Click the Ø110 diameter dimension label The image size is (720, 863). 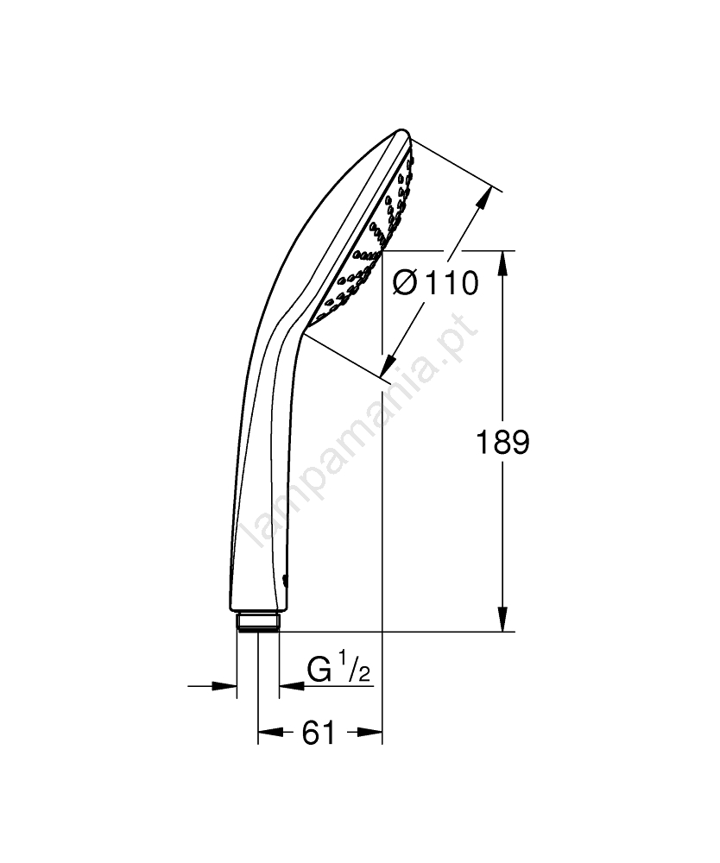[435, 283]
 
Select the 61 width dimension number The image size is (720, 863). [319, 733]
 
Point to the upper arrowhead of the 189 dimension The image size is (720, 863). [502, 263]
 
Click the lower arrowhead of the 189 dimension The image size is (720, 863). [502, 619]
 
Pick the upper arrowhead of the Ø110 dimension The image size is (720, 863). [483, 198]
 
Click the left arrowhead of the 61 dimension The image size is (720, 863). [270, 732]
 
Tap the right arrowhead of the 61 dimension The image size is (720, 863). [369, 732]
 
